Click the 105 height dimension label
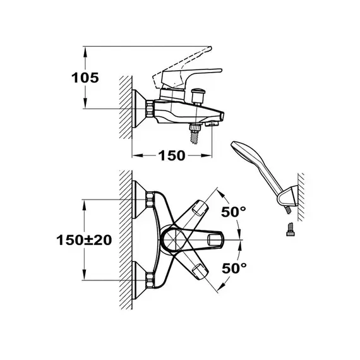click(x=85, y=78)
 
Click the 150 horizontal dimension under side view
click(x=172, y=155)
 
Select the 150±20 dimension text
click(x=84, y=240)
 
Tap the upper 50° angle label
click(x=234, y=212)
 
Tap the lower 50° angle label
click(x=234, y=268)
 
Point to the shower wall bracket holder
click(x=289, y=196)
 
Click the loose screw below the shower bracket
click(x=291, y=229)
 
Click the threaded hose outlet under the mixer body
click(x=195, y=134)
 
